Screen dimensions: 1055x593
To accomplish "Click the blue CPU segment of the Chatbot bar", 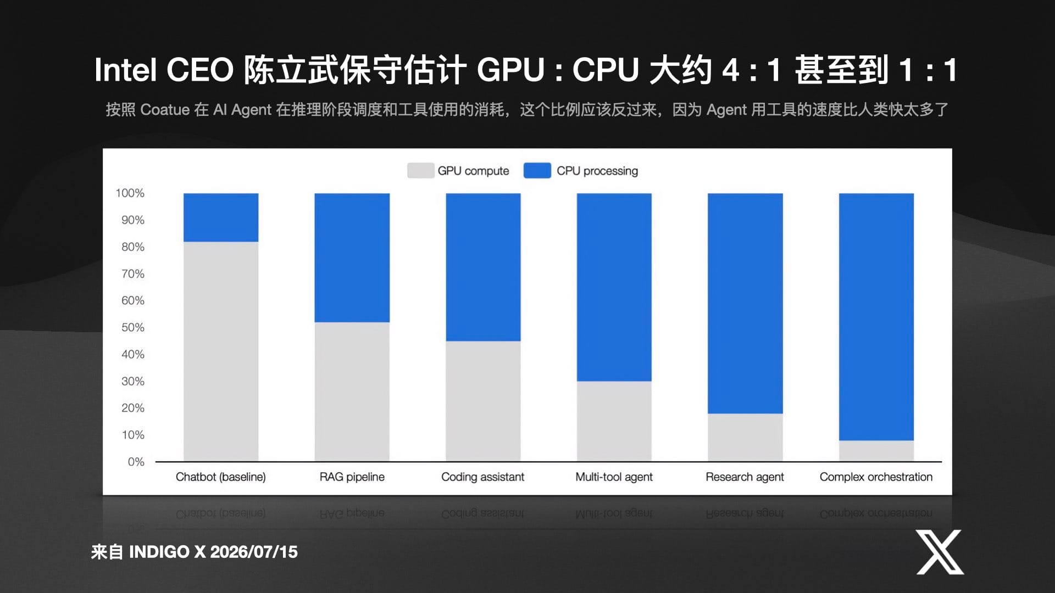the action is point(221,217).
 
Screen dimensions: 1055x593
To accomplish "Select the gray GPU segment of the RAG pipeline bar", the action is point(352,391).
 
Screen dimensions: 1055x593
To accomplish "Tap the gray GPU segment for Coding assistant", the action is point(483,401).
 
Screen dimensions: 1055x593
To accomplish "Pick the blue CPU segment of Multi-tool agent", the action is point(614,287).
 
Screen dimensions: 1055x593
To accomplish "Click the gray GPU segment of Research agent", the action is point(745,438).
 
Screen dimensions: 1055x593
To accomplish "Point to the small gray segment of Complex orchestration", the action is point(876,451).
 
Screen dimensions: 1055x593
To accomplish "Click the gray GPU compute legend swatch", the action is point(421,171).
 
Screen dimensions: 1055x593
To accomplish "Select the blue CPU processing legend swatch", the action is point(537,171).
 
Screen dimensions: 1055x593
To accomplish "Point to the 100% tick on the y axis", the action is point(130,193).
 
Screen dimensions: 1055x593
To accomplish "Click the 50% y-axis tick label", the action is point(133,328).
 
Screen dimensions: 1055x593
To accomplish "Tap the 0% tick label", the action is point(136,462).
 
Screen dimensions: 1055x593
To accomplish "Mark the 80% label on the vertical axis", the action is point(133,247).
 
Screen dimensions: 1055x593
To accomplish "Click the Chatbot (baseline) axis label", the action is point(221,477).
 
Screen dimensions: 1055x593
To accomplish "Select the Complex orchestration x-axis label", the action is point(876,477).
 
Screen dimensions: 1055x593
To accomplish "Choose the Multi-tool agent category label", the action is point(614,477).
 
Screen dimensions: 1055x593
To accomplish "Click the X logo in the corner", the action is point(940,552).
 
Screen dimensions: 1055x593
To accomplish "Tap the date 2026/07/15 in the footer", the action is point(254,552).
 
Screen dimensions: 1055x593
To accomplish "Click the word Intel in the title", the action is point(126,70).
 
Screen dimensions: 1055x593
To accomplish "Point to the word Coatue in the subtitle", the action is point(165,110).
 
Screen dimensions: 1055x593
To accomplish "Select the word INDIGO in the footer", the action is point(159,552).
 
